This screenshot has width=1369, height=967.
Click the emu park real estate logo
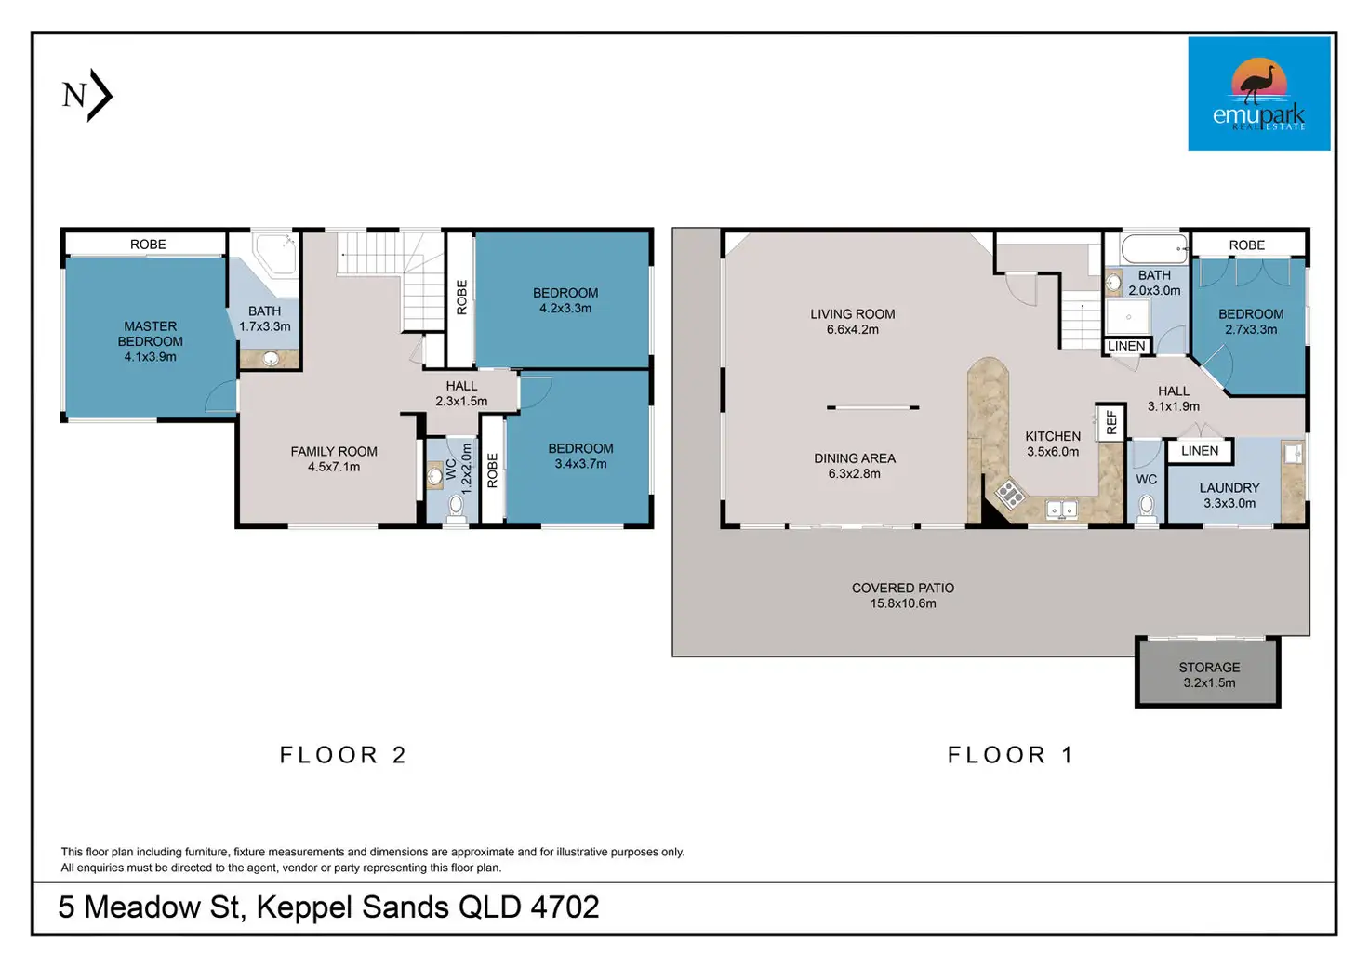tap(1259, 94)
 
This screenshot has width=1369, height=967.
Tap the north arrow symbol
tap(87, 95)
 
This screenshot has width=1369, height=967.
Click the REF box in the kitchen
tap(1110, 422)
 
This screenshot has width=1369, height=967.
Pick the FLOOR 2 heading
tap(343, 755)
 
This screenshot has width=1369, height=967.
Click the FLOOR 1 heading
tap(1010, 755)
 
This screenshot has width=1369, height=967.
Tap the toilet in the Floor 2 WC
tap(456, 508)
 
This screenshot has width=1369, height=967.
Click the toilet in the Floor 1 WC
tap(1147, 509)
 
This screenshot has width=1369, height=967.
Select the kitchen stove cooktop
tap(1010, 493)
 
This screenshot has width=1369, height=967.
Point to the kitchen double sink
tap(1061, 509)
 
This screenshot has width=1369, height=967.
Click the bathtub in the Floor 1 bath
tap(1154, 248)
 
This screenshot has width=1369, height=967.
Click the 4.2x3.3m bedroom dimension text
tap(565, 309)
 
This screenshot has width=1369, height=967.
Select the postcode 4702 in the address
tap(565, 907)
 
